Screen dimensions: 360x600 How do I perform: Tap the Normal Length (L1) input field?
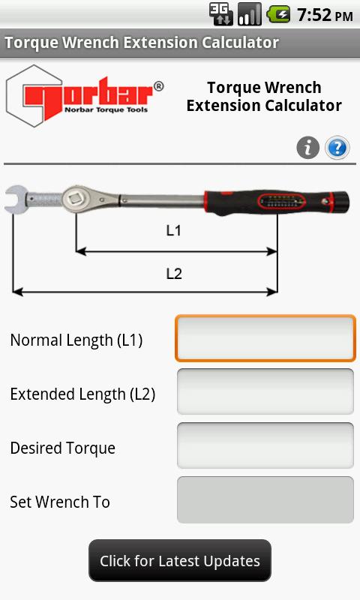[x=265, y=338]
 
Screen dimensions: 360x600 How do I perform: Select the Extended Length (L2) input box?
[x=265, y=391]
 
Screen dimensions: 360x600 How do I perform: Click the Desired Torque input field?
[x=265, y=445]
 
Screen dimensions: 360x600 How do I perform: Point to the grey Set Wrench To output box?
[x=265, y=499]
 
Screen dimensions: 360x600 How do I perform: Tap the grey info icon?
[x=308, y=147]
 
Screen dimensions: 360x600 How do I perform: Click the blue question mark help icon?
[x=337, y=147]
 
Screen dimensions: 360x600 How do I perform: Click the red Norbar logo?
[x=85, y=96]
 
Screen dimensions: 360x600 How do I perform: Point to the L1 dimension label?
[x=173, y=230]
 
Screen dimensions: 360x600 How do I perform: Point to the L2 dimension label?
[x=174, y=274]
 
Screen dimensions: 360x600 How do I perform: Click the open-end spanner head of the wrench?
[x=16, y=199]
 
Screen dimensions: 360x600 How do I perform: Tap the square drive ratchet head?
[x=75, y=199]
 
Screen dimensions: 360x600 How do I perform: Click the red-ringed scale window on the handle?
[x=281, y=201]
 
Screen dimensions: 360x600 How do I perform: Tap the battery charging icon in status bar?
[x=278, y=14]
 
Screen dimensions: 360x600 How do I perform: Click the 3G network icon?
[x=220, y=14]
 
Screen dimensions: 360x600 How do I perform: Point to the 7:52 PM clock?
[x=325, y=15]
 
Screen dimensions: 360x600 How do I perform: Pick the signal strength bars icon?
[x=250, y=14]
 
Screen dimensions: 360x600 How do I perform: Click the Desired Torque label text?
[x=63, y=448]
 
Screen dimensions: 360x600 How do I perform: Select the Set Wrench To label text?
[x=60, y=502]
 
